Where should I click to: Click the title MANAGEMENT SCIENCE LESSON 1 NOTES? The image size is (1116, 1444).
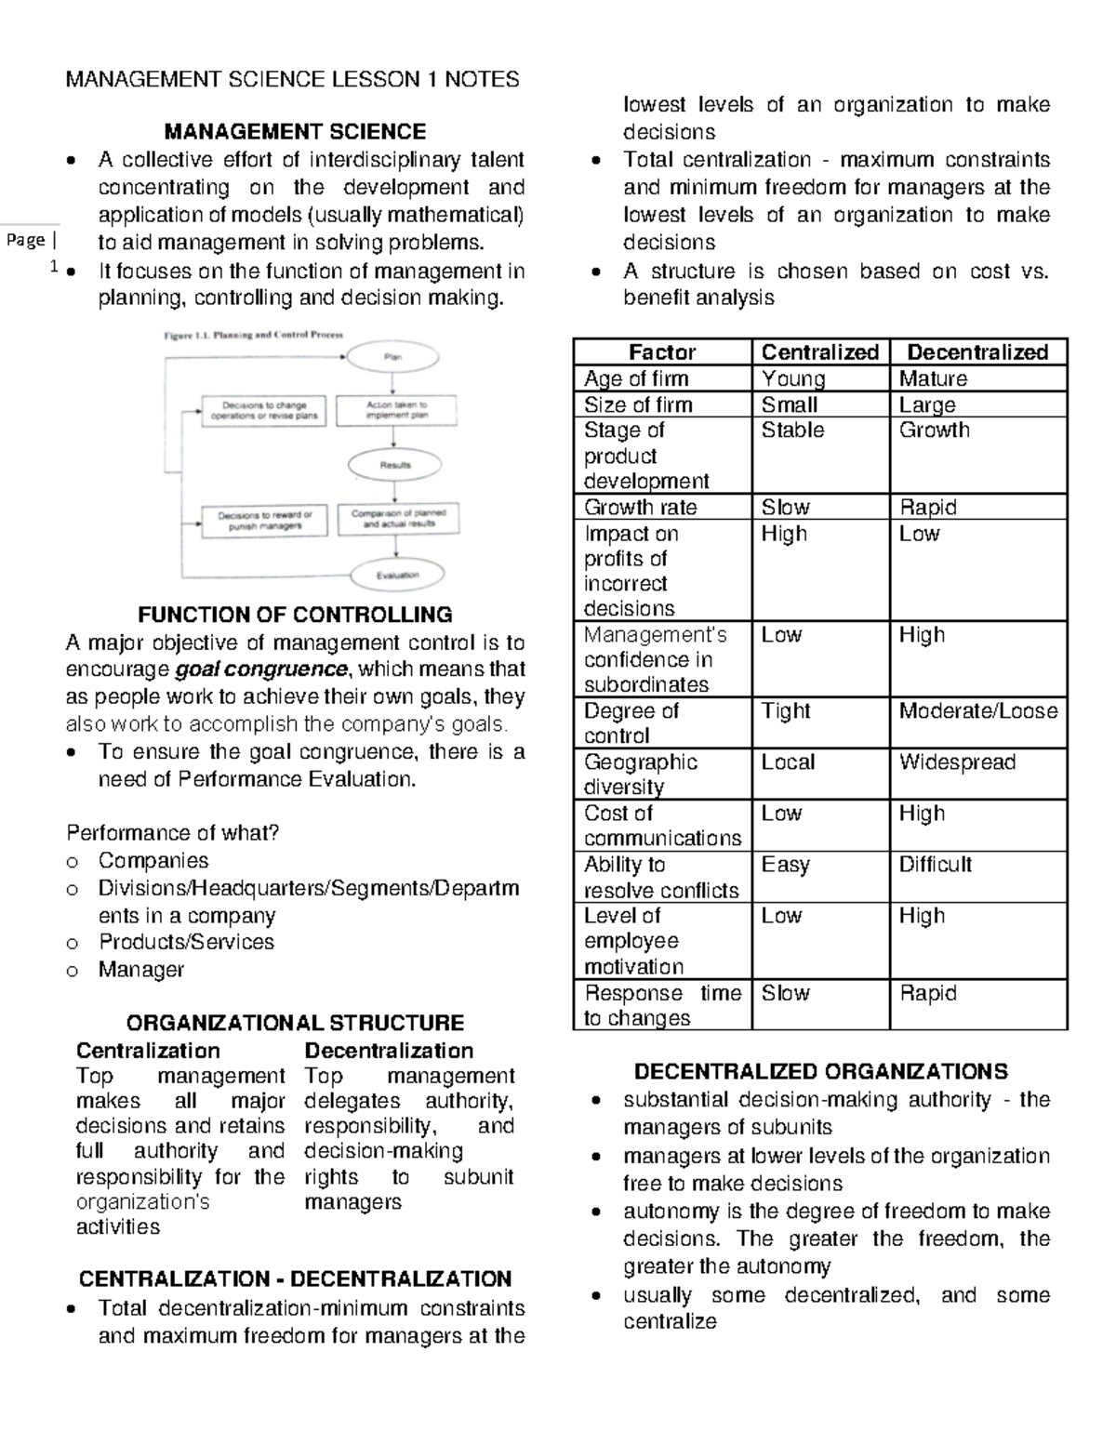tap(292, 79)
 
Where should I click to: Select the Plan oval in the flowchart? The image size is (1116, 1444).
tap(393, 357)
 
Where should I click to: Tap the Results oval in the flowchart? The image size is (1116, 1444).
tap(394, 464)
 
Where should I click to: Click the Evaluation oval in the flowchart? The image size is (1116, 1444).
tap(397, 575)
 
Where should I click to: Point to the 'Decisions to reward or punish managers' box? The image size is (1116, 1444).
tap(265, 520)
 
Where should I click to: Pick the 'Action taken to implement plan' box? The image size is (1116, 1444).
tap(396, 410)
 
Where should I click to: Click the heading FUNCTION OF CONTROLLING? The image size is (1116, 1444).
tap(295, 615)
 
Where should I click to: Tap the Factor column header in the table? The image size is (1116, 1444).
tap(661, 351)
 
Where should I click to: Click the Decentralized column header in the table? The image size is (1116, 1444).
tap(977, 351)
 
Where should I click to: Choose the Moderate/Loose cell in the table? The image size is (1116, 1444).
tap(977, 711)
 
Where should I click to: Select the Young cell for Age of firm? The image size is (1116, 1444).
tap(793, 378)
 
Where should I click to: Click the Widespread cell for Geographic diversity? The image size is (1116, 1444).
tap(957, 762)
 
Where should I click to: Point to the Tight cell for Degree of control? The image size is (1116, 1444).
tap(787, 711)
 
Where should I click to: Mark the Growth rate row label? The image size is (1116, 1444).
tap(640, 507)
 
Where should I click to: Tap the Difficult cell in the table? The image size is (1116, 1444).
tap(935, 865)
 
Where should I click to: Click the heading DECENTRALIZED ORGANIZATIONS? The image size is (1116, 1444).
tap(820, 1071)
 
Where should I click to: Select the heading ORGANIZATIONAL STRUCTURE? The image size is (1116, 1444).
tap(295, 1023)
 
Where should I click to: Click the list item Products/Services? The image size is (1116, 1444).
tap(187, 942)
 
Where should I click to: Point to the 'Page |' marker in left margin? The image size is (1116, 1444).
tap(31, 241)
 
